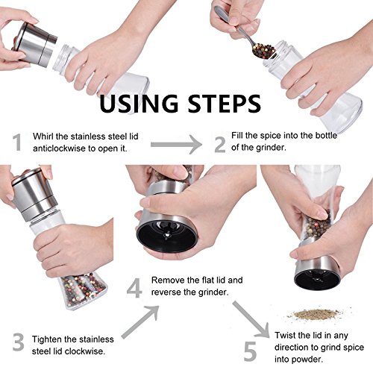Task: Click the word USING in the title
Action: (x=139, y=103)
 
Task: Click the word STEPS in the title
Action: (x=224, y=103)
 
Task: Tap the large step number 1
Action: (x=17, y=142)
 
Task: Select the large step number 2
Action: (x=220, y=144)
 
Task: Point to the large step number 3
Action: (x=19, y=342)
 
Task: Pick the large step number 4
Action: (x=134, y=288)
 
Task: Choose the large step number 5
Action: (x=250, y=351)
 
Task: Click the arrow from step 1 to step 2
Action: (x=176, y=145)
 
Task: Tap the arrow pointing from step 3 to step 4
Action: (x=140, y=322)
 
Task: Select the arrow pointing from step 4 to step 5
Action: (x=251, y=319)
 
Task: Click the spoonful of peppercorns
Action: (x=264, y=50)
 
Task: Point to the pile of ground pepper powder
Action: (x=316, y=314)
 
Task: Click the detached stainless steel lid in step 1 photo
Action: (x=35, y=44)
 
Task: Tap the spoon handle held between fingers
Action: (x=229, y=19)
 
